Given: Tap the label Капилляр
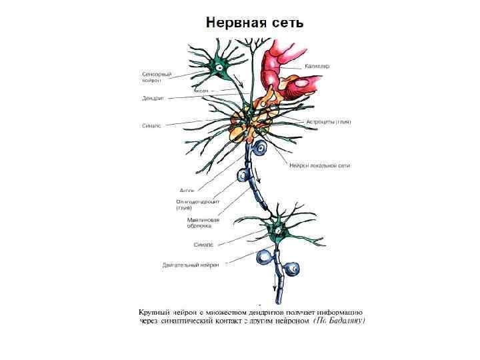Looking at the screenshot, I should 317,66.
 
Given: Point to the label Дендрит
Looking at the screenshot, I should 153,98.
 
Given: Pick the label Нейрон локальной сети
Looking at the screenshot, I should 319,165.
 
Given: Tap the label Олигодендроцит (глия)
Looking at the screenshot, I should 198,203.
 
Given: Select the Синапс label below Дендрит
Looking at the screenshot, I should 152,125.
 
